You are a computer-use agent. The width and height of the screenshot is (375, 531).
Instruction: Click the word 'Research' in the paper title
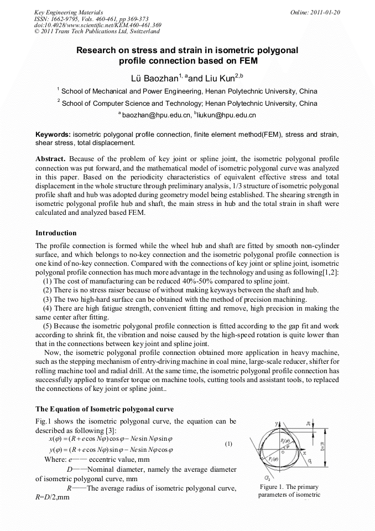(x=99, y=50)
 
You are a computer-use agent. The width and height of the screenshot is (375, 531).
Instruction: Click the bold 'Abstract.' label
(x=51, y=159)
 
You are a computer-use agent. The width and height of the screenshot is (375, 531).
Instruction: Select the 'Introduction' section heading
(x=56, y=233)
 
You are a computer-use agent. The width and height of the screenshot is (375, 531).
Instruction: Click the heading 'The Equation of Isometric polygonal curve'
(x=105, y=409)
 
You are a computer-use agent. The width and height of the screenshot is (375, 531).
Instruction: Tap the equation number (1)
(x=228, y=444)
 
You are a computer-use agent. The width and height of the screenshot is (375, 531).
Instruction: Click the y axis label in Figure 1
(x=276, y=424)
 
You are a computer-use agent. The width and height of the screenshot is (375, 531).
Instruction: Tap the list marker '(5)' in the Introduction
(x=48, y=327)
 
